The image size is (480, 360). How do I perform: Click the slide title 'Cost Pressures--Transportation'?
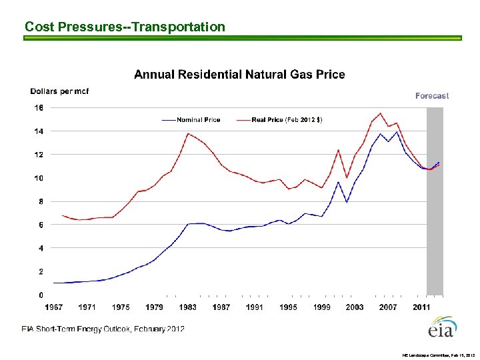coord(125,27)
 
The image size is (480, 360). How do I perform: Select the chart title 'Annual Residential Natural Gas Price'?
coord(239,74)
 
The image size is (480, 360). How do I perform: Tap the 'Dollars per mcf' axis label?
coord(59,91)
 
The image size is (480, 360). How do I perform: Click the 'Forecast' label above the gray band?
coord(432,96)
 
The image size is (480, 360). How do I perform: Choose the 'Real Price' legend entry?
coord(287,120)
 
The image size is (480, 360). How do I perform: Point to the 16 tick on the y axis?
coord(39,107)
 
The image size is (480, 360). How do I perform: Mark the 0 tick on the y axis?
coord(41,295)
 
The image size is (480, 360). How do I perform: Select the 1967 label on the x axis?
coord(53,307)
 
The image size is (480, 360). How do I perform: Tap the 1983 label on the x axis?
coord(187,307)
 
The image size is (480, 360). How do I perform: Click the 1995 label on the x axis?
coord(288,307)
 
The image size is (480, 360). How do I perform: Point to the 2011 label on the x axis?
coord(421,307)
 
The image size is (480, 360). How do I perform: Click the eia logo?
coord(441,328)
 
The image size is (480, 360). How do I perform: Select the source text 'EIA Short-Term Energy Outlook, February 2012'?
coord(103,329)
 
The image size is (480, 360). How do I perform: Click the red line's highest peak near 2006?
coord(380,113)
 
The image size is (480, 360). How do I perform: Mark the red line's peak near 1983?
coord(189,133)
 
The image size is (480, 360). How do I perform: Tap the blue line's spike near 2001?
coord(339,182)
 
